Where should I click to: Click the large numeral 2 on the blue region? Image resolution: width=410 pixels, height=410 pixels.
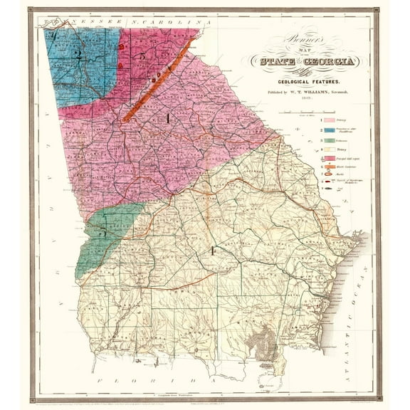coord(81,55)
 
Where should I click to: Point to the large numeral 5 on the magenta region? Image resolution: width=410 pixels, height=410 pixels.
coord(142,56)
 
